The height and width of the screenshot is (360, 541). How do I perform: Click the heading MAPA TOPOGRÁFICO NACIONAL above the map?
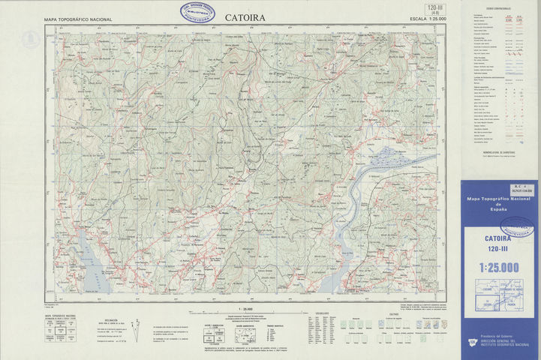78,19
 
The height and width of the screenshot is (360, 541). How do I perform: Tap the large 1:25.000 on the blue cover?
498,267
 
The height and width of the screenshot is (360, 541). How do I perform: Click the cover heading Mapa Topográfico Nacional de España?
498,204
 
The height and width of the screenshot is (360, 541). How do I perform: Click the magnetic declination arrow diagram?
136,325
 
